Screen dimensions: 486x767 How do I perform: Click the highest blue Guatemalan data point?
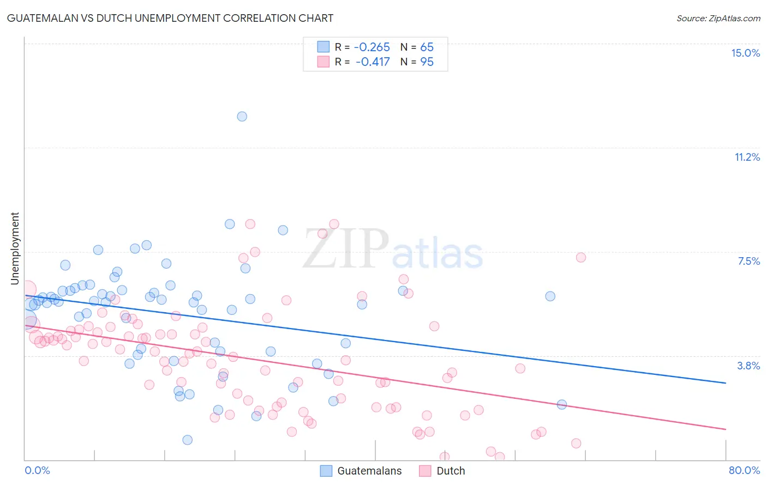click(242, 117)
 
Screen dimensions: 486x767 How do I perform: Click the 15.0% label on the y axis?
click(745, 53)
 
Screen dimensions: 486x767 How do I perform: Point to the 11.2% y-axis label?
click(747, 157)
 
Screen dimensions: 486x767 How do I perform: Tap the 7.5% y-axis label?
click(748, 262)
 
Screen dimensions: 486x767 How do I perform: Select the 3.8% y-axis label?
click(748, 366)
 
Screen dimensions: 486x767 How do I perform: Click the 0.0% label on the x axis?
click(37, 470)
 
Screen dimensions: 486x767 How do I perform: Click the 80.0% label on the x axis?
click(744, 470)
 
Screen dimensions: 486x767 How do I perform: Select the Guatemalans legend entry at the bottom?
click(369, 471)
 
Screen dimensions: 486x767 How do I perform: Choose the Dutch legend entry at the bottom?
click(451, 471)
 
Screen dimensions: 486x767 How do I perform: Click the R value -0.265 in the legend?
click(372, 47)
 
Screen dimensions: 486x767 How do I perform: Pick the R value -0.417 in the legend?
click(373, 62)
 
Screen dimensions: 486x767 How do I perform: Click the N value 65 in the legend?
click(427, 47)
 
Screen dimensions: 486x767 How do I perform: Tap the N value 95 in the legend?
click(427, 62)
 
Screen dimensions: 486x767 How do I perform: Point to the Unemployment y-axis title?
click(15, 248)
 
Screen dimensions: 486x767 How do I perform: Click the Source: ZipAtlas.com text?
click(718, 18)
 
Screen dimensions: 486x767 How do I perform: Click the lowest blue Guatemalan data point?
click(188, 440)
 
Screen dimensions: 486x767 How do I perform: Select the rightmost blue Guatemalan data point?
click(562, 404)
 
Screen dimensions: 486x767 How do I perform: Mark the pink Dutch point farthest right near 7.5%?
click(581, 257)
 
